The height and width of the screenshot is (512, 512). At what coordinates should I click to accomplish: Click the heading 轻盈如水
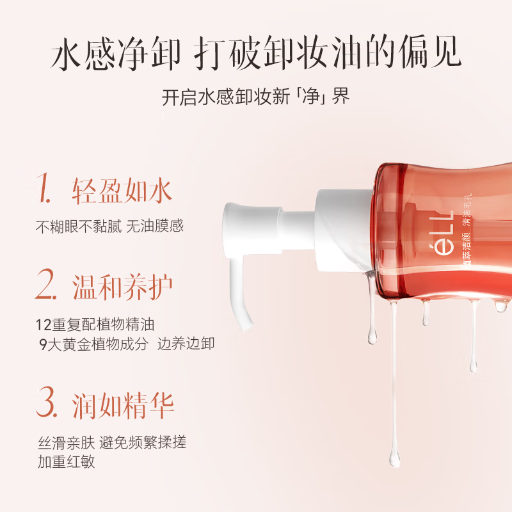pyautogui.click(x=122, y=190)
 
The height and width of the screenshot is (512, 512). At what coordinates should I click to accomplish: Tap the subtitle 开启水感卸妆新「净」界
pyautogui.click(x=256, y=97)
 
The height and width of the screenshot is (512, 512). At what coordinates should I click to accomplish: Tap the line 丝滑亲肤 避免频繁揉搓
pyautogui.click(x=113, y=441)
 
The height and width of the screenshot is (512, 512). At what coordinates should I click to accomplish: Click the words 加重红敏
pyautogui.click(x=65, y=461)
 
